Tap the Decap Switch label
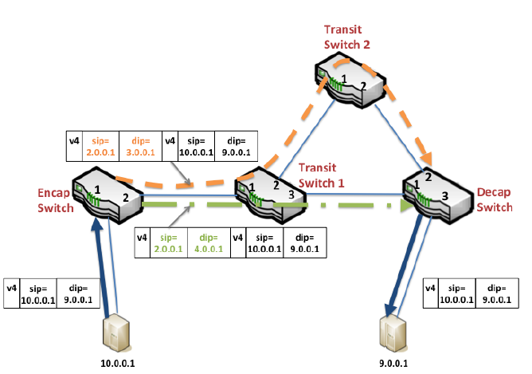point(495,200)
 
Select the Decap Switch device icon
point(430,191)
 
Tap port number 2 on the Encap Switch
point(125,195)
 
